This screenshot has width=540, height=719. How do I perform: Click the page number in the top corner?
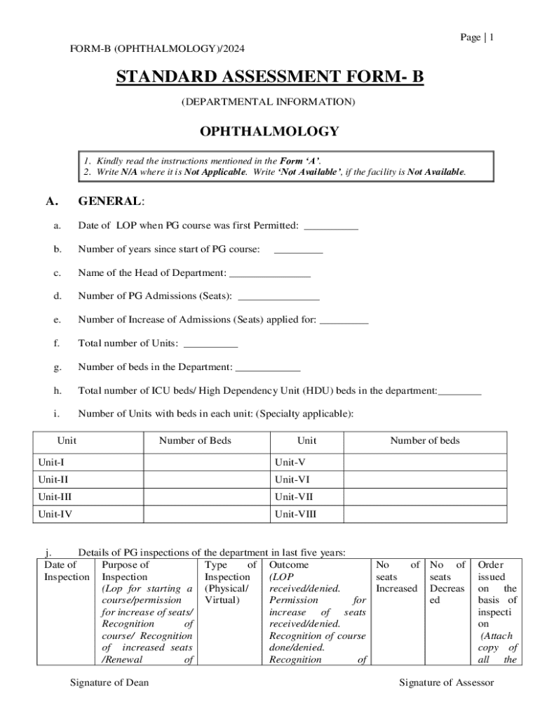(x=477, y=37)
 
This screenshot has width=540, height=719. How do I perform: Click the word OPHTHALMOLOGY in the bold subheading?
(x=269, y=131)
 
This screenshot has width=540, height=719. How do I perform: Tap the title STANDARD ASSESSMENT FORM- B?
(x=269, y=77)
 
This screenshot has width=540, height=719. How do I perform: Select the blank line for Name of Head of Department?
(x=270, y=274)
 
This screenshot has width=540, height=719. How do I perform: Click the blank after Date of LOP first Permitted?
(x=332, y=227)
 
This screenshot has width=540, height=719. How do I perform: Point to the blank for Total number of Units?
(x=210, y=345)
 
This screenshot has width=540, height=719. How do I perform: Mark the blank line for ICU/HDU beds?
(x=459, y=392)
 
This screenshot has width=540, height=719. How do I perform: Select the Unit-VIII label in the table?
(x=295, y=514)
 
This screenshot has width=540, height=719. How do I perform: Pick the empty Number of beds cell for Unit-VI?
(x=424, y=480)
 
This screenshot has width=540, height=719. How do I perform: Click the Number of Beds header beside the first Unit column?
(x=195, y=441)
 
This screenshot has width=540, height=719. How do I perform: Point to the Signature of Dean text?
(x=109, y=682)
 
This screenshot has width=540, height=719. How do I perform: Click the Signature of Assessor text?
(x=447, y=682)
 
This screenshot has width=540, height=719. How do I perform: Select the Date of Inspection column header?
(x=67, y=570)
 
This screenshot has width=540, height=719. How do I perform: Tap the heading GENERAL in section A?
(x=111, y=202)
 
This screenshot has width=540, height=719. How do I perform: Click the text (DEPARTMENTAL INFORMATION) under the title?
(x=269, y=103)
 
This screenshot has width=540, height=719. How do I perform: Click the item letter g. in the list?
(x=56, y=367)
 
